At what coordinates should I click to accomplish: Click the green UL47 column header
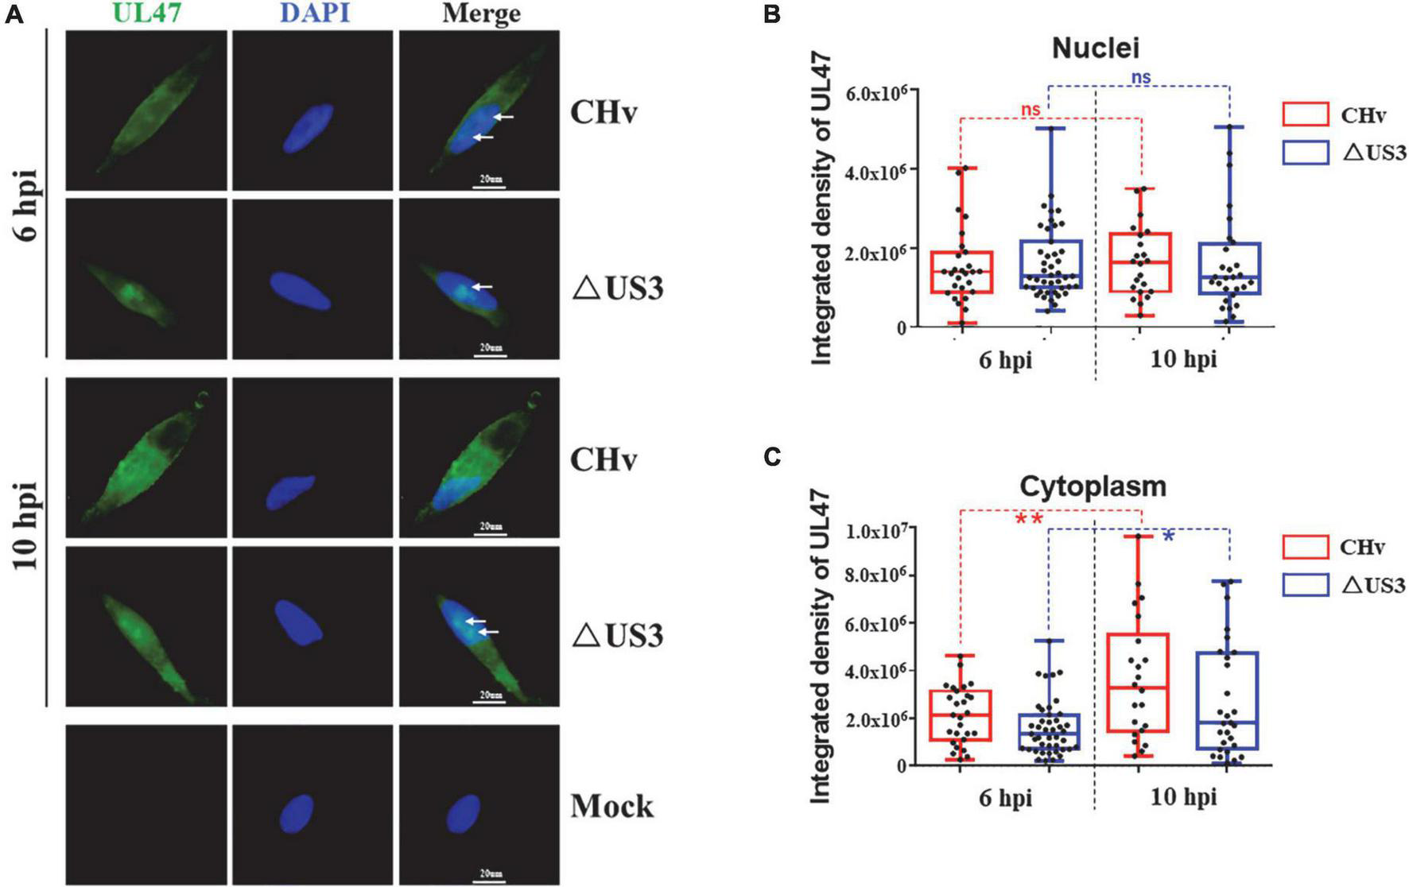[146, 13]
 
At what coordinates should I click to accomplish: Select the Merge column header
[481, 13]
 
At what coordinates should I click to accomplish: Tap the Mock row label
[611, 806]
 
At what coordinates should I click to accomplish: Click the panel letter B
[771, 14]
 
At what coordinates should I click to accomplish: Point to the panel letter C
[771, 458]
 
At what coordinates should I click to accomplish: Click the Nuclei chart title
[1095, 48]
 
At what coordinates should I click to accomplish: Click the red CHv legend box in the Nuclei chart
[1305, 114]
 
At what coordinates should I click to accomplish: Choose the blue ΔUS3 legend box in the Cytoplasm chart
[1305, 585]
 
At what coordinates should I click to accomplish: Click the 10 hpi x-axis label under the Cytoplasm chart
[1183, 796]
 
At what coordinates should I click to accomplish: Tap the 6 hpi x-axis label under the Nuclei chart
[1005, 360]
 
